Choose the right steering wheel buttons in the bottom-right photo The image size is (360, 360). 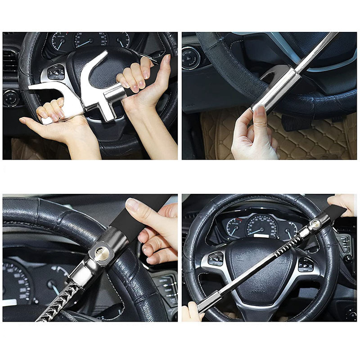coord(306,264)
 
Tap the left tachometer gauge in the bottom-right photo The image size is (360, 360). coord(234,228)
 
